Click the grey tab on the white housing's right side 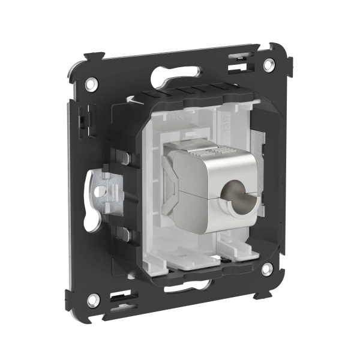pos(256,144)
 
